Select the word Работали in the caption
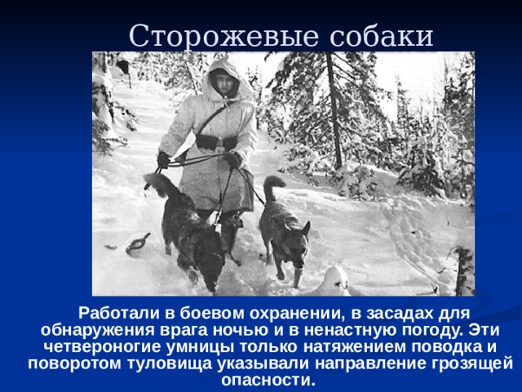coord(119,314)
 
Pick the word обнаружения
coord(98,330)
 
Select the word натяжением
coord(356,347)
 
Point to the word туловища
coord(170,363)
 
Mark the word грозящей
coord(472,363)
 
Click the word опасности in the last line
coord(268,381)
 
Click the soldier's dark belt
coord(216,142)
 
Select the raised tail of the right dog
coord(274,189)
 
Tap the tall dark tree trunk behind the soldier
coord(334,110)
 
